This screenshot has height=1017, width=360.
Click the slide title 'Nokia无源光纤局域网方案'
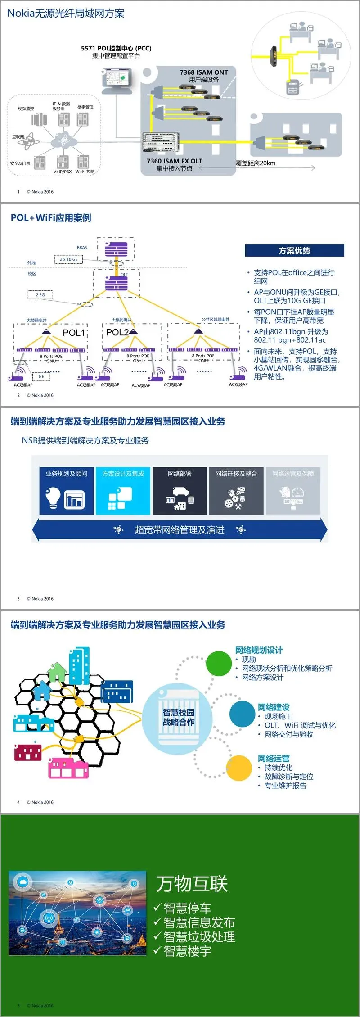[66, 14]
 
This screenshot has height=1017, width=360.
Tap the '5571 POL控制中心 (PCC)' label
[116, 48]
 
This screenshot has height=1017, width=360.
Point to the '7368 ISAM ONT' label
[204, 72]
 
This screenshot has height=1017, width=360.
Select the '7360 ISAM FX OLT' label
[175, 161]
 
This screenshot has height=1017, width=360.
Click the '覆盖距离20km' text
[256, 163]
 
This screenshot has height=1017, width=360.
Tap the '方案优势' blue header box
[294, 251]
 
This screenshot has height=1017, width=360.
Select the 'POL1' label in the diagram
[74, 333]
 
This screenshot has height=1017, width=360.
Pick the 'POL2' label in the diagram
[117, 332]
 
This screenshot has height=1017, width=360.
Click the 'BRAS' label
[82, 248]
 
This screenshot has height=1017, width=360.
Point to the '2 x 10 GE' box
[68, 259]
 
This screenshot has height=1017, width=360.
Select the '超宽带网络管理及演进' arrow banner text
[180, 530]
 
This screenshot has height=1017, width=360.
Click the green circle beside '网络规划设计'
[219, 663]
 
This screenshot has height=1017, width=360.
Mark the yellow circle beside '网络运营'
[238, 768]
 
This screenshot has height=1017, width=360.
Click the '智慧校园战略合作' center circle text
[179, 717]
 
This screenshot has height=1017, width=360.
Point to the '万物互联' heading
[192, 884]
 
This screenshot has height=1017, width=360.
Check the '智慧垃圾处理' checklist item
[199, 937]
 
